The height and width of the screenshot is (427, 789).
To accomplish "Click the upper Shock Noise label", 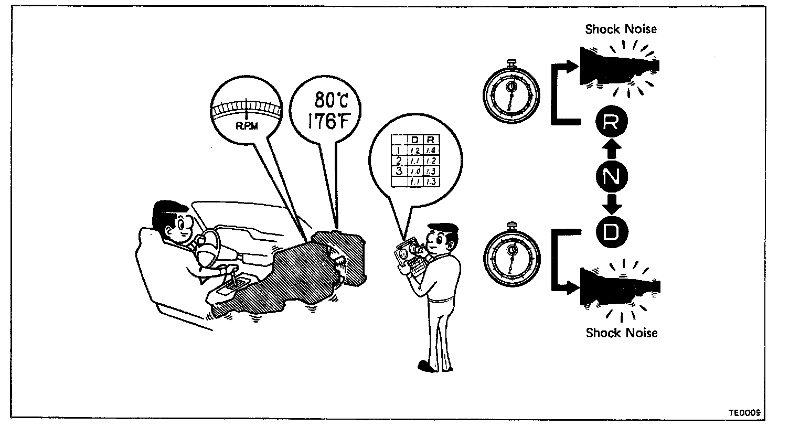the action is [x=621, y=29].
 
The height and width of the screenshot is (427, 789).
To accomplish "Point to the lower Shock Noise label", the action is [x=621, y=333].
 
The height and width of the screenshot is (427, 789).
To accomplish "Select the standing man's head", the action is [x=441, y=239].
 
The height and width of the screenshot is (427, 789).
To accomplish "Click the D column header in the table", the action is [x=414, y=140].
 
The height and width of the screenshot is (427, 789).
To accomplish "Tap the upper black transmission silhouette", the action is [x=614, y=66].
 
